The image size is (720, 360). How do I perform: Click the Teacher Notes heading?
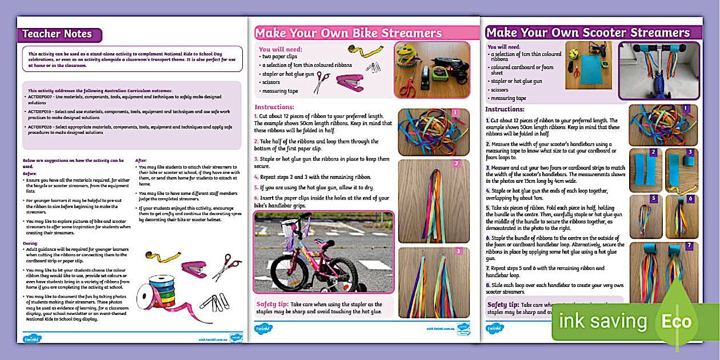[57, 34]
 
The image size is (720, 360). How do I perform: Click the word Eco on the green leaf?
[677, 321]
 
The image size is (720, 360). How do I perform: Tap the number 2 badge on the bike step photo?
[456, 164]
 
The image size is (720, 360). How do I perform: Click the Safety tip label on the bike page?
[272, 304]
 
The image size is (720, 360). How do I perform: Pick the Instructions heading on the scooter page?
[505, 109]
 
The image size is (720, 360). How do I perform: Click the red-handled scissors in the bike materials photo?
[409, 86]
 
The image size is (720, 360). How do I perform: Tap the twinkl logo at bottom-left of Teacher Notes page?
[32, 338]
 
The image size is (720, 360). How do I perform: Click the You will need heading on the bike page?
[281, 50]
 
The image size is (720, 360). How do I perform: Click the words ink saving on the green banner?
[603, 321]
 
